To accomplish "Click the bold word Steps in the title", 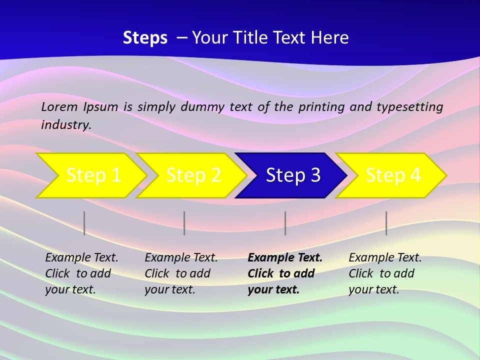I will pyautogui.click(x=145, y=38).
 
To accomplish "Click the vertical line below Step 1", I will pyautogui.click(x=84, y=223).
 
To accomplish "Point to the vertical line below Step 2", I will pyautogui.click(x=184, y=223).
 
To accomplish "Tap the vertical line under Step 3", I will pyautogui.click(x=285, y=223).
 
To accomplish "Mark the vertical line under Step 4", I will pyautogui.click(x=386, y=223).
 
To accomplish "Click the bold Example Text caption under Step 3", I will pyautogui.click(x=284, y=273).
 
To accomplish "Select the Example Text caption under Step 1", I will pyautogui.click(x=81, y=273).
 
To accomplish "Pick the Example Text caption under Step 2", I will pyautogui.click(x=181, y=273).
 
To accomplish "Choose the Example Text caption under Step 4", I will pyautogui.click(x=385, y=273).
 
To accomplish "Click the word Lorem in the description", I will pyautogui.click(x=59, y=106).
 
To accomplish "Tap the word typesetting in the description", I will pyautogui.click(x=409, y=107).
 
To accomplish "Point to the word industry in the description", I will pyautogui.click(x=66, y=124).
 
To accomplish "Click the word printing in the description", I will pyautogui.click(x=319, y=107).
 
